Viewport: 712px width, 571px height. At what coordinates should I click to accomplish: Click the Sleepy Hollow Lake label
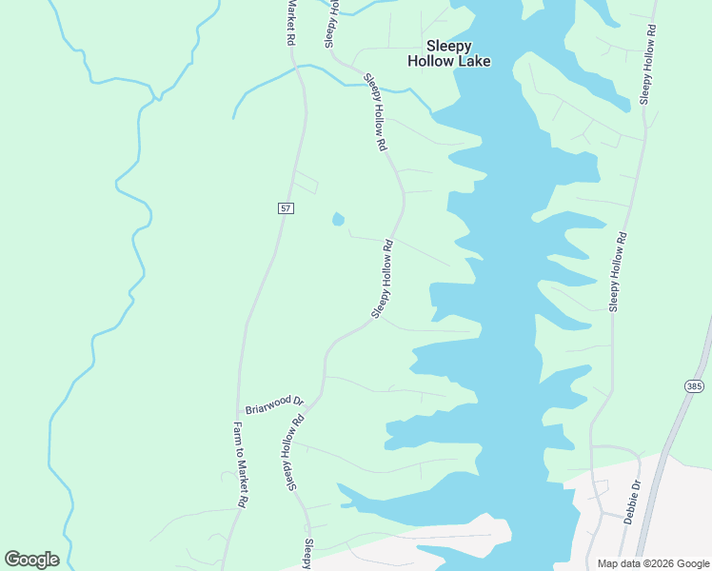tap(448, 53)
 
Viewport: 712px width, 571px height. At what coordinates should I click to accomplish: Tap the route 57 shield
tap(286, 207)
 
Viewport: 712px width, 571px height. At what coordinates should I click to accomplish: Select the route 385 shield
tap(693, 385)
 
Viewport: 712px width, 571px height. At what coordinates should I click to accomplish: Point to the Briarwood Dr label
tap(273, 404)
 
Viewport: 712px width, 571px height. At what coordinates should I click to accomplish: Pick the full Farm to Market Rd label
tap(242, 463)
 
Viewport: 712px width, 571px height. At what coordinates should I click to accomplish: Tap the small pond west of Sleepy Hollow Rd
tap(338, 220)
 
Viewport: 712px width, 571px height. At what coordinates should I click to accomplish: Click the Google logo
tap(31, 560)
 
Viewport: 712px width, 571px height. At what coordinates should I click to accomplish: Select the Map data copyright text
tap(653, 563)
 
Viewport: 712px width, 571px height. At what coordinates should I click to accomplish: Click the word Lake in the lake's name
tap(473, 61)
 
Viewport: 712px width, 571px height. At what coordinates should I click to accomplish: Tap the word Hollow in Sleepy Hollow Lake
tap(430, 61)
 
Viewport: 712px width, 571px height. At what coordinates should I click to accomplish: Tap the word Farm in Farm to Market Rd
tap(238, 430)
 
